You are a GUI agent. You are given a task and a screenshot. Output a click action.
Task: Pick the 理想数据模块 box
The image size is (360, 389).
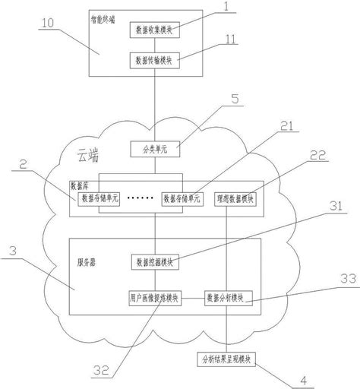[x=236, y=198]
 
